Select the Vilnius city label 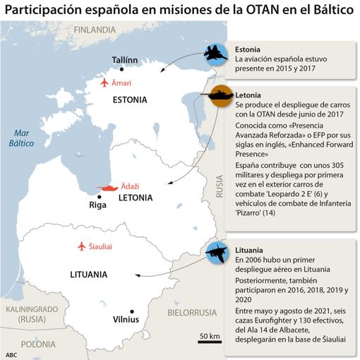(126, 318)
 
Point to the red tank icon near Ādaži (109, 188)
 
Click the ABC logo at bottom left (11, 354)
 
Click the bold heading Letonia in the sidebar (248, 94)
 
